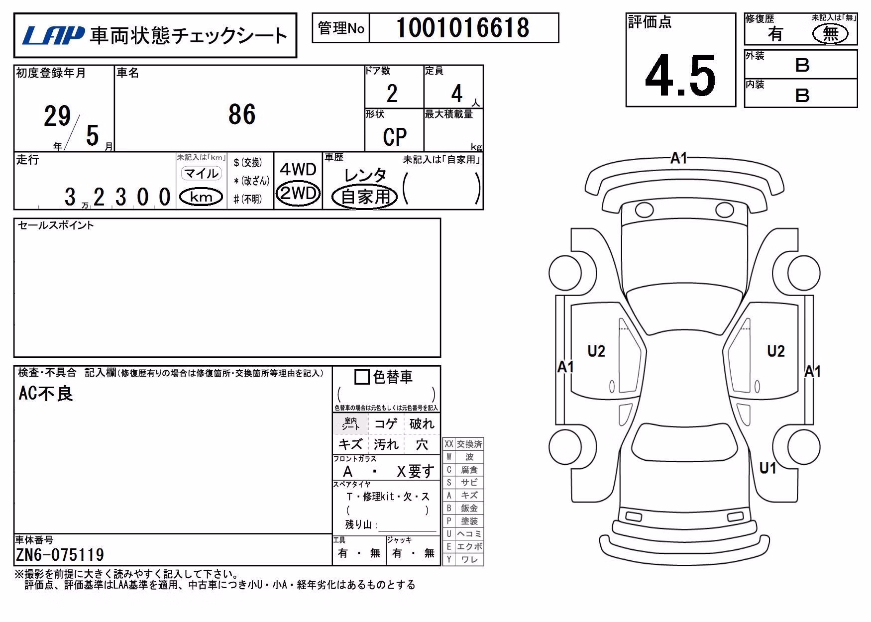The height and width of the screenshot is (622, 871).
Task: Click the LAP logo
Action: pyautogui.click(x=53, y=35)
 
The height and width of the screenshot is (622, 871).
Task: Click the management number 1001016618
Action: pyautogui.click(x=463, y=28)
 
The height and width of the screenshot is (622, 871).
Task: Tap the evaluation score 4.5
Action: pyautogui.click(x=680, y=76)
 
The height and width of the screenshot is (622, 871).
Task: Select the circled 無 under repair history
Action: pyautogui.click(x=830, y=34)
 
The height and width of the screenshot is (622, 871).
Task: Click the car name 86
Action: pyautogui.click(x=242, y=114)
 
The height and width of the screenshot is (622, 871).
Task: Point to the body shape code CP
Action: pyautogui.click(x=395, y=137)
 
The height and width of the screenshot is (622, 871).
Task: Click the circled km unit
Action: pyautogui.click(x=201, y=197)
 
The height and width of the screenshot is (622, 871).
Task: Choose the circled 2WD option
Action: pyautogui.click(x=298, y=193)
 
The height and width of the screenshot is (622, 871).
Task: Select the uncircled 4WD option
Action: pyautogui.click(x=298, y=169)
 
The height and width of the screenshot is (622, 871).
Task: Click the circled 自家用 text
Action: pyautogui.click(x=365, y=197)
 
